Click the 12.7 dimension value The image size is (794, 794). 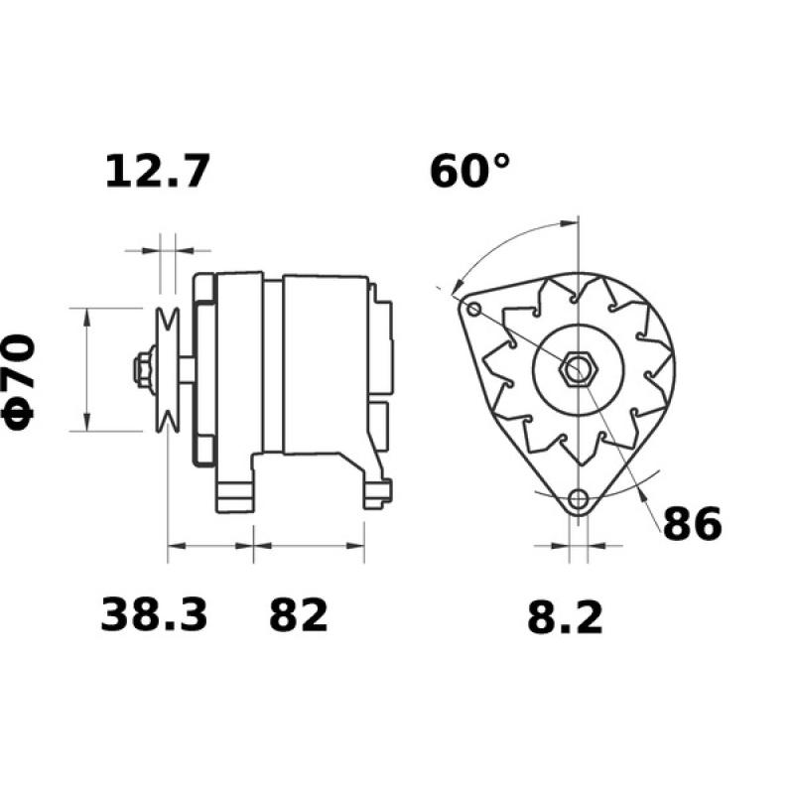click(x=158, y=172)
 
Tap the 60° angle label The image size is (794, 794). click(x=470, y=171)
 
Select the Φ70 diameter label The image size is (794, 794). click(x=22, y=381)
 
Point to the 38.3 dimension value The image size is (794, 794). click(x=155, y=616)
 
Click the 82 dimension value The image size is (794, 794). click(x=298, y=616)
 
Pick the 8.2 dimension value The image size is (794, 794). click(x=564, y=619)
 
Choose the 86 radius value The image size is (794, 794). click(x=692, y=525)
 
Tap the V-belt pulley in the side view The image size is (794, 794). click(x=168, y=369)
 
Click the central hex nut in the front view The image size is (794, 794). click(x=577, y=370)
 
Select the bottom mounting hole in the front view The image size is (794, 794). click(x=579, y=499)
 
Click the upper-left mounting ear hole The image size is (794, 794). click(x=473, y=311)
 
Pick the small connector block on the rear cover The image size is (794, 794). click(x=379, y=417)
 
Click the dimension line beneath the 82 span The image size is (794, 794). click(x=309, y=545)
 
